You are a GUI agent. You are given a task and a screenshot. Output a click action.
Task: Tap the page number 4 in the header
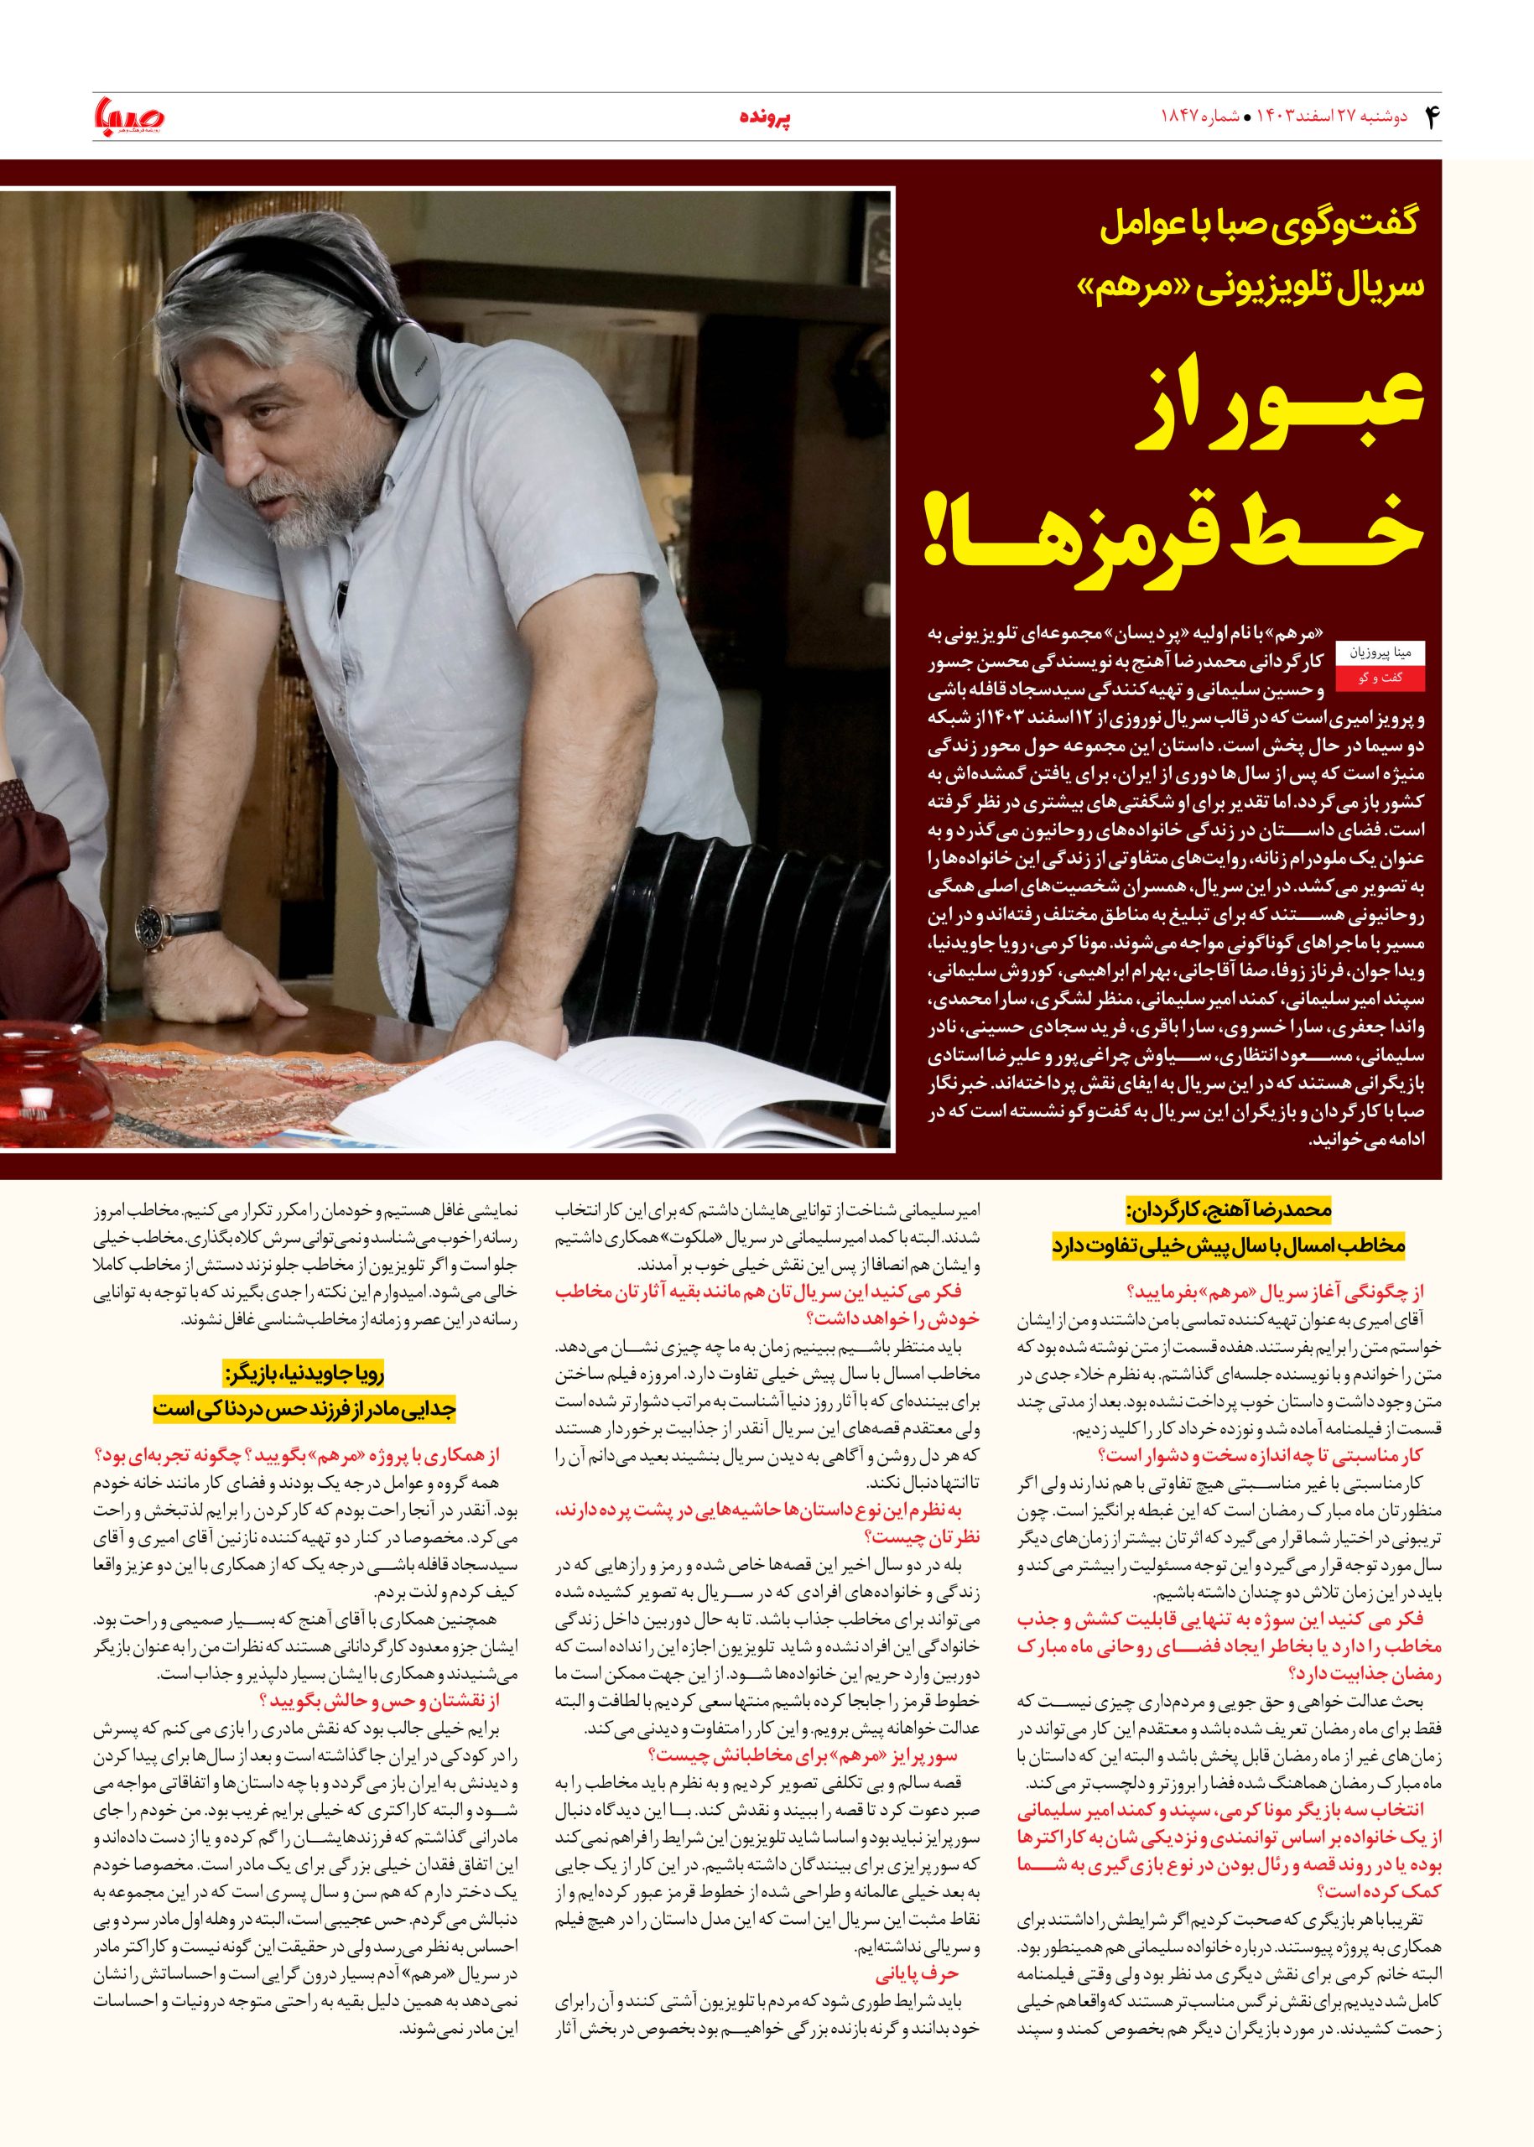1427,117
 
